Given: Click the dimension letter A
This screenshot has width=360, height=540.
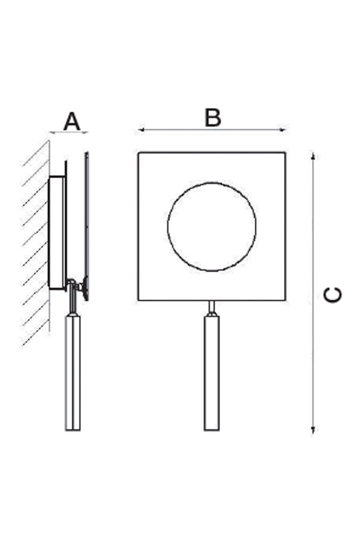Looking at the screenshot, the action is click(72, 121).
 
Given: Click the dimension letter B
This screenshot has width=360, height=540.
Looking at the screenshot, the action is click(212, 117).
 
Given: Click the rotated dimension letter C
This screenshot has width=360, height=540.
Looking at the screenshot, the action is click(332, 294).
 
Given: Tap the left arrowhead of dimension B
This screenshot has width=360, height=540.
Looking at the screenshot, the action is click(141, 130).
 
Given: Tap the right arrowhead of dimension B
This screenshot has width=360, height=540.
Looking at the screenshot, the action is click(282, 130).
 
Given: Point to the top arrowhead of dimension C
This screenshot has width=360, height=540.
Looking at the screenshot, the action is click(313, 156).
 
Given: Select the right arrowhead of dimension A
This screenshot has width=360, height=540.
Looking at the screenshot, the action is click(85, 132).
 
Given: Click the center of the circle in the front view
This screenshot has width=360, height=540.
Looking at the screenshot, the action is click(212, 227).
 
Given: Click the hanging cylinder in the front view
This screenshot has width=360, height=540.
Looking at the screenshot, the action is click(211, 373).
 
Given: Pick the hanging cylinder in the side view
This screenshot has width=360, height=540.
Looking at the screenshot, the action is click(72, 373).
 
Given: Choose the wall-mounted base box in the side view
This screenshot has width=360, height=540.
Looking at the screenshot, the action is click(57, 233).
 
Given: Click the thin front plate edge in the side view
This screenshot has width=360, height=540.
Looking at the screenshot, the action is click(86, 226).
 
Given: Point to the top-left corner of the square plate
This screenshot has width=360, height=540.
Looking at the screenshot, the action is click(139, 153).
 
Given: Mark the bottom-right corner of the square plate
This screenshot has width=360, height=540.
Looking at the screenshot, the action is click(285, 301).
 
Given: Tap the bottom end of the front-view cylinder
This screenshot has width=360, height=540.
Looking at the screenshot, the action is click(211, 430).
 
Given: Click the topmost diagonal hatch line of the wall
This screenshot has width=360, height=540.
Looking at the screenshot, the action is click(36, 153).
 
